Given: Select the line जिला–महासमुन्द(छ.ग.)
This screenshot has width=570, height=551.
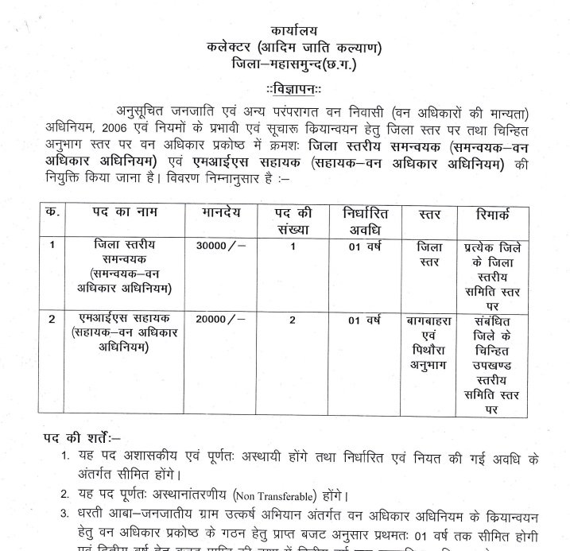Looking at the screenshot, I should point(293,64).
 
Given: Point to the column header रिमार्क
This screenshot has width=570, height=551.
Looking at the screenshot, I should point(492,215).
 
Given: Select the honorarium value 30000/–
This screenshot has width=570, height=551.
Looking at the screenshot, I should point(220,245).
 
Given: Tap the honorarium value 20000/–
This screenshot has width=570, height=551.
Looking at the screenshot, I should point(220,319).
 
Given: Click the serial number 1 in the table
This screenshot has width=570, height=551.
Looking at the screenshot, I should point(52,245).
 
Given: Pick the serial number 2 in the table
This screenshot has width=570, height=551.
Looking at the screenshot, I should point(52,319).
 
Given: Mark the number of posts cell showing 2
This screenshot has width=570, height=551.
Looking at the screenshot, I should point(293,319).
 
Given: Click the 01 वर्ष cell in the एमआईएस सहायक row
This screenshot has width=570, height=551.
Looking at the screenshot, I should point(366,320).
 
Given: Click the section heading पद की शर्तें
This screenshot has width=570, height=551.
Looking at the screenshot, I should point(82,437).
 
